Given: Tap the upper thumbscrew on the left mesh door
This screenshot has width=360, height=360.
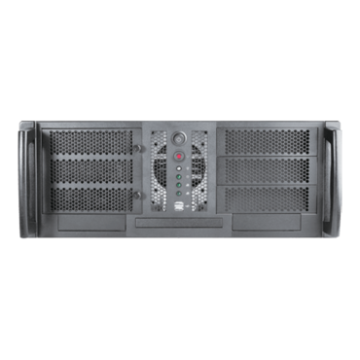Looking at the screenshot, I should (x=139, y=148).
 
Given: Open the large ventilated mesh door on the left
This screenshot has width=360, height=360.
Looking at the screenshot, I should (x=92, y=172).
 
